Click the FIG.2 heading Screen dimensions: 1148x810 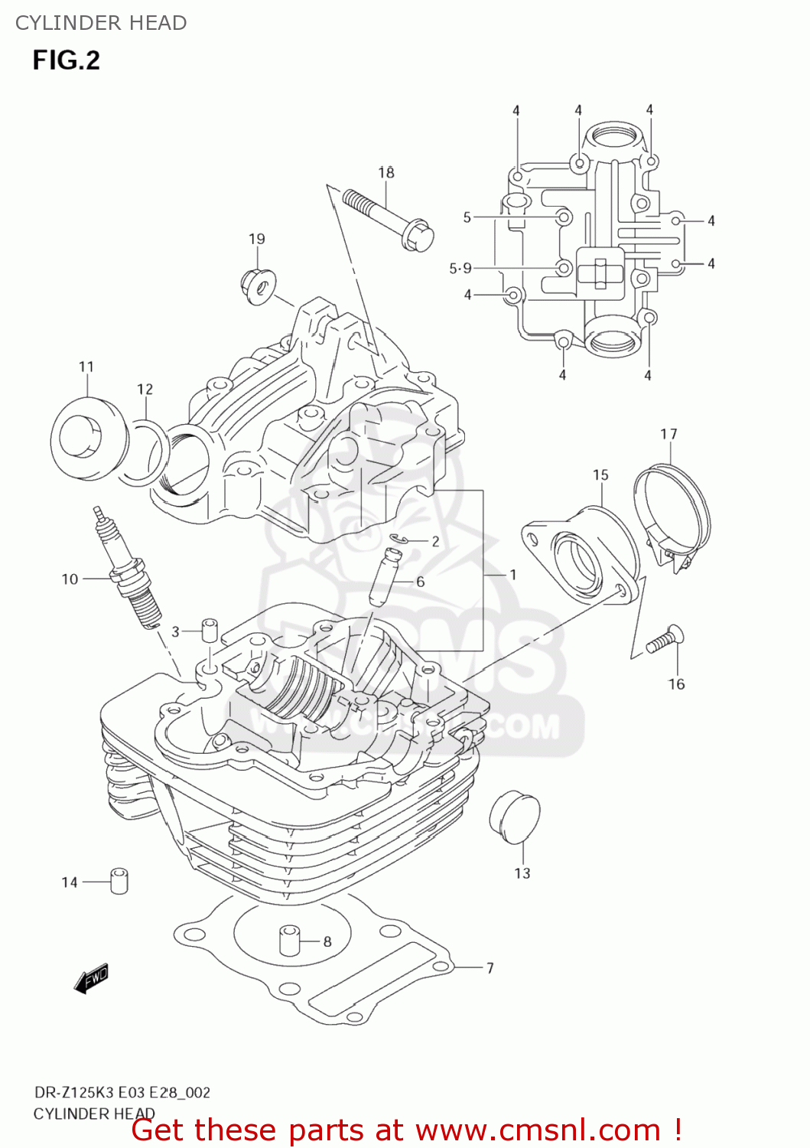tap(66, 60)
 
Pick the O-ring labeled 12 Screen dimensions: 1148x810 tap(145, 452)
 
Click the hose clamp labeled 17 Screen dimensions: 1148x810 tap(672, 513)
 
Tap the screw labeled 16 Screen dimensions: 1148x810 tap(665, 641)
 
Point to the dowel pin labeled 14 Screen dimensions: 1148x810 tap(119, 881)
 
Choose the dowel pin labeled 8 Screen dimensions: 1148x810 tap(288, 940)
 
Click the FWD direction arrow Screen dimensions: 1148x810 tap(91, 978)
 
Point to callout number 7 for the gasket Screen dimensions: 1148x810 tap(490, 968)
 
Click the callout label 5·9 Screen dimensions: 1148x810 tap(460, 268)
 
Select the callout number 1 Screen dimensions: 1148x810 tap(512, 574)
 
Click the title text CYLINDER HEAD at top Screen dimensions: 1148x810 tap(101, 23)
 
